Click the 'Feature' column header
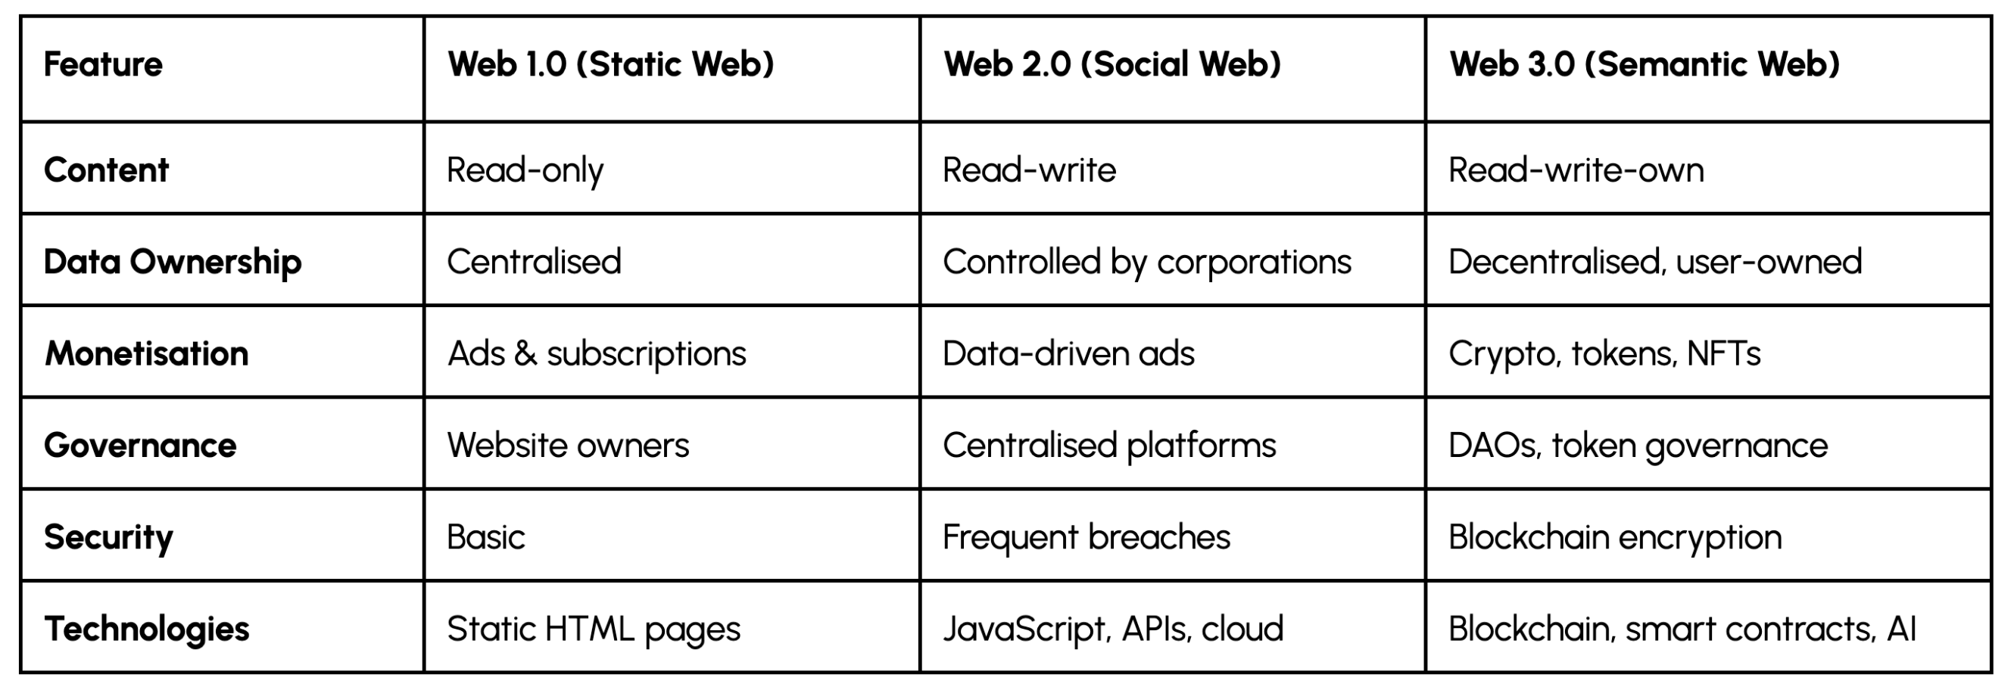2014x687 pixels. click(x=103, y=64)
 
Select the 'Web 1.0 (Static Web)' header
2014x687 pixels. click(x=610, y=64)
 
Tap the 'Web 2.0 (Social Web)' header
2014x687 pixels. click(x=1112, y=64)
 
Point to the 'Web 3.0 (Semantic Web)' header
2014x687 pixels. click(x=1645, y=64)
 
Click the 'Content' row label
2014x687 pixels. click(x=106, y=169)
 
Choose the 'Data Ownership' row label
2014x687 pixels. click(x=172, y=262)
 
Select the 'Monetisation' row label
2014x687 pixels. click(x=147, y=353)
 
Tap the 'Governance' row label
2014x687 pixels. click(x=140, y=446)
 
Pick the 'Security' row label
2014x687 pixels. click(x=108, y=537)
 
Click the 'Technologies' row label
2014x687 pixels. click(x=147, y=629)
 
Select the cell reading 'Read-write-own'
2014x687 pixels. click(x=1576, y=169)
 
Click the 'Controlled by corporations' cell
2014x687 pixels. click(x=1147, y=262)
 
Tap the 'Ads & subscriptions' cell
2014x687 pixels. click(x=597, y=353)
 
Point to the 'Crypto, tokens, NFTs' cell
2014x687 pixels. click(x=1604, y=353)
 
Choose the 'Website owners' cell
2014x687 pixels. click(x=569, y=446)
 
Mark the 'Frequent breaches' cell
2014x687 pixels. click(x=1086, y=537)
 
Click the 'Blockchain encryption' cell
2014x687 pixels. click(x=1615, y=537)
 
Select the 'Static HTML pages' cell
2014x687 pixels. click(x=594, y=629)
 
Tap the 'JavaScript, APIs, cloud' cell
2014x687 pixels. click(x=1112, y=629)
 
